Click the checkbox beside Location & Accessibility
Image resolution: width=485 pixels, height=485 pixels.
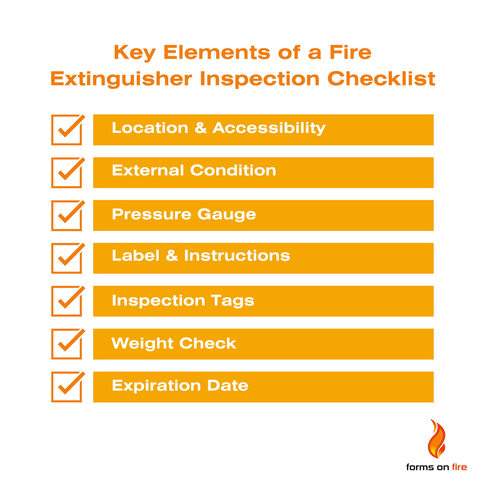click(66, 130)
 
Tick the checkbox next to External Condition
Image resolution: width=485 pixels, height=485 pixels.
click(66, 173)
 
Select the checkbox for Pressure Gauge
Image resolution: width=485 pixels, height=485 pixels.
click(66, 215)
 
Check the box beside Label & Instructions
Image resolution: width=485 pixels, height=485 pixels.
click(66, 258)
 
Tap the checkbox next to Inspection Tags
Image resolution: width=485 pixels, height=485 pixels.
click(66, 301)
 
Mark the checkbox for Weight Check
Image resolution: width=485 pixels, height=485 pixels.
click(66, 344)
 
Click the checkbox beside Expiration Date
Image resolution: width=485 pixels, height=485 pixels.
click(66, 387)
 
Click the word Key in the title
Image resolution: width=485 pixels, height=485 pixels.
click(135, 53)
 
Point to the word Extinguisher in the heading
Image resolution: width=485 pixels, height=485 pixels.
click(121, 79)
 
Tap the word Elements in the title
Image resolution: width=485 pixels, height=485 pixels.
click(217, 53)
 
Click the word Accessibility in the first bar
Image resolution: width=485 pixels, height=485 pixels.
click(269, 128)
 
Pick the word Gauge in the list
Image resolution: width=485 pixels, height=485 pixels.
click(227, 214)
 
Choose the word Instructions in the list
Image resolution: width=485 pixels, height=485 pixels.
click(237, 256)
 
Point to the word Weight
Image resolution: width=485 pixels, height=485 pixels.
click(142, 344)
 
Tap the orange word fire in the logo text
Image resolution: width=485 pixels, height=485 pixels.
click(459, 467)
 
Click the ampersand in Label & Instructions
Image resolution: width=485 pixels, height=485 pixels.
click(172, 255)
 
